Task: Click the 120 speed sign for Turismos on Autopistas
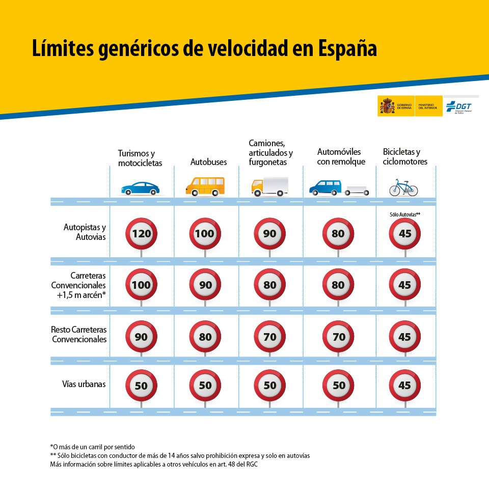click(x=141, y=234)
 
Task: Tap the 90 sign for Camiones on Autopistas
click(x=270, y=234)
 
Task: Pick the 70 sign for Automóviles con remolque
click(x=338, y=337)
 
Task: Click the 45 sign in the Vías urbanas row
click(x=404, y=386)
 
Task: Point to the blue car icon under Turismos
click(x=140, y=188)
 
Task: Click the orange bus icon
click(x=204, y=186)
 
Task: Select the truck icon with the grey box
click(x=269, y=186)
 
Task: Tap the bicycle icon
click(x=403, y=187)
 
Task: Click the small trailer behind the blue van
click(x=357, y=191)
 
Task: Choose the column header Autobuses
click(x=208, y=162)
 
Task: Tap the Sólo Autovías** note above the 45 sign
click(x=405, y=214)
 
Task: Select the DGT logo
click(x=459, y=106)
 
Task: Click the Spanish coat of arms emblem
click(x=387, y=106)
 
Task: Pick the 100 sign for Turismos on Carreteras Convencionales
click(x=141, y=285)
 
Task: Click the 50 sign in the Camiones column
click(x=270, y=386)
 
